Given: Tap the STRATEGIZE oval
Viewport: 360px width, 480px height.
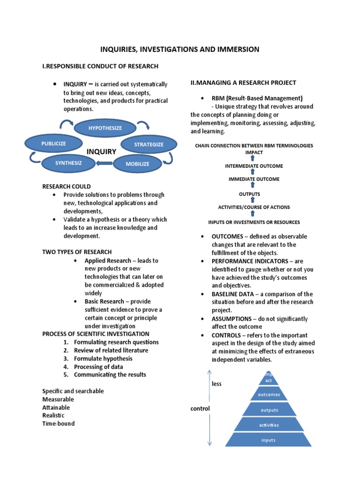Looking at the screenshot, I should (x=149, y=144).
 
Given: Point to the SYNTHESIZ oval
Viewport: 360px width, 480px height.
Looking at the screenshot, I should (x=68, y=163).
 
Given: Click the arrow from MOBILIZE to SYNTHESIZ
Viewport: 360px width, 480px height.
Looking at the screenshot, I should (x=104, y=164).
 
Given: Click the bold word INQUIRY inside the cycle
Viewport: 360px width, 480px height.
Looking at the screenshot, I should (x=101, y=152).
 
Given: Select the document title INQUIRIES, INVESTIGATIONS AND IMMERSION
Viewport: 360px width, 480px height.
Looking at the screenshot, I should (x=180, y=49).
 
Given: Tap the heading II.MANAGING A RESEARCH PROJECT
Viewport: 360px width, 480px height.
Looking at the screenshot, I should (x=243, y=82).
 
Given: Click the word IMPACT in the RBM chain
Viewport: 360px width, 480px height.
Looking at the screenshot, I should (x=254, y=152).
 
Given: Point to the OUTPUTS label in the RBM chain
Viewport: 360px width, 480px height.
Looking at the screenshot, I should (x=249, y=194).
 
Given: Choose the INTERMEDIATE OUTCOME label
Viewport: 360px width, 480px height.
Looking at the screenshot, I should (x=254, y=166).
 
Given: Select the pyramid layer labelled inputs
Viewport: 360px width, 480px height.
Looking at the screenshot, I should (x=268, y=440).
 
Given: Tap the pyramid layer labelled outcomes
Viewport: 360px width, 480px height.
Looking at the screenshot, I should (x=269, y=394).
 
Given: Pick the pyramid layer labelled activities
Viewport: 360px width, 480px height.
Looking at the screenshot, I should (x=269, y=425).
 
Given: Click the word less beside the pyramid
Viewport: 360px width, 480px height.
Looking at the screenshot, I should (x=217, y=383).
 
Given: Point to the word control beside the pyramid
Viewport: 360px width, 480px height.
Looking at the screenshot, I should (x=200, y=408).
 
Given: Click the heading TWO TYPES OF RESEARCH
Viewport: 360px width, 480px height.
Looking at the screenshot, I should (x=77, y=252).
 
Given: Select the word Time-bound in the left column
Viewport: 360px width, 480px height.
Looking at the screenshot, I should (x=58, y=423).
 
